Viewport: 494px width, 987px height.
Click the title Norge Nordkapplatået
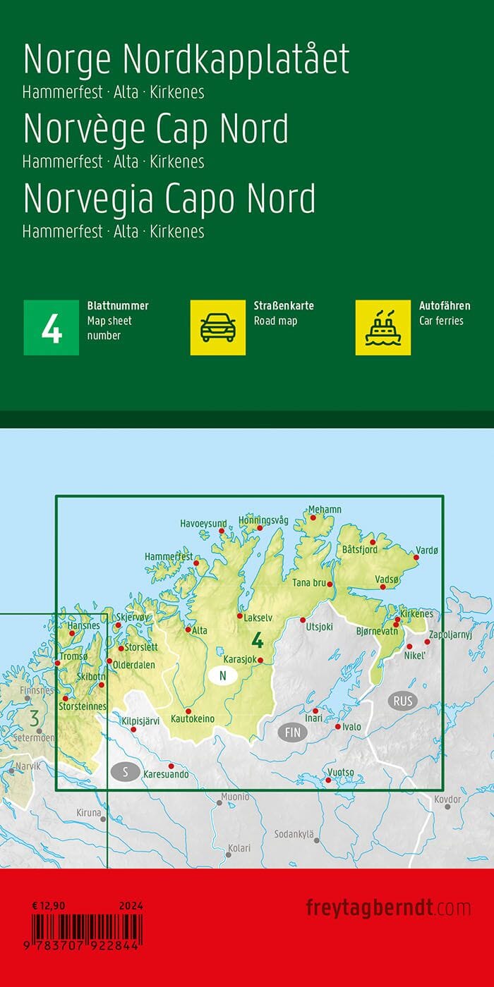point(186,60)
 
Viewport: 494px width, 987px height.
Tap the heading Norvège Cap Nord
point(156,129)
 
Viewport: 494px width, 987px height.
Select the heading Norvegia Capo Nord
point(169,199)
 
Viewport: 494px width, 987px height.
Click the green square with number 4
point(52,327)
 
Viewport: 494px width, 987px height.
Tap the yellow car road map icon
point(218,327)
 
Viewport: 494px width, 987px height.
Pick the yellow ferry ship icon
point(383,327)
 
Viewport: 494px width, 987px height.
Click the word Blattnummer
point(118,306)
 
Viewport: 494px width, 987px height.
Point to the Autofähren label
point(445,306)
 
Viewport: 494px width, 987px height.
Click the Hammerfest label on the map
point(168,557)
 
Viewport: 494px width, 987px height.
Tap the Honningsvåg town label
point(264,520)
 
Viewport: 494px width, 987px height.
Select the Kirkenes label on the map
point(416,614)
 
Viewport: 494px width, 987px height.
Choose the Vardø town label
point(427,550)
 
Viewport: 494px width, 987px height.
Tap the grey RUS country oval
point(403,701)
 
